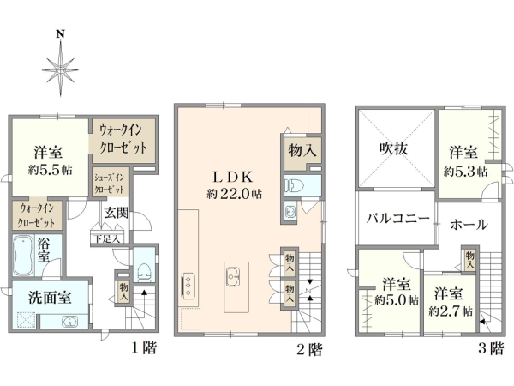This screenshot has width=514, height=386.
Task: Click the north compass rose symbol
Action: (59, 63)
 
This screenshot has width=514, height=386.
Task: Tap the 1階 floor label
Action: (144, 348)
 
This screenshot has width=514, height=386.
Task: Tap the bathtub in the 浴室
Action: (22, 254)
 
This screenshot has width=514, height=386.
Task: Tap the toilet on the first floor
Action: (143, 271)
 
